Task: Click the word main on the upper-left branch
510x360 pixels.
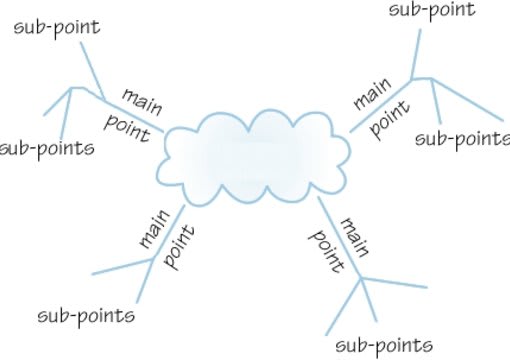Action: click(x=142, y=99)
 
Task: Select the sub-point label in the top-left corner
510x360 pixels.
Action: click(x=56, y=26)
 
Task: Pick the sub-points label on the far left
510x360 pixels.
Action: click(x=49, y=150)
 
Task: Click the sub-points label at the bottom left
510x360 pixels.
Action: click(x=86, y=316)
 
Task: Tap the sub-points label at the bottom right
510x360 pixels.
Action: click(x=385, y=345)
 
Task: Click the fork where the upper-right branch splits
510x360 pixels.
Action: click(x=411, y=77)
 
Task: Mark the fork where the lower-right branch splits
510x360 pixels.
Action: click(x=360, y=277)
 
